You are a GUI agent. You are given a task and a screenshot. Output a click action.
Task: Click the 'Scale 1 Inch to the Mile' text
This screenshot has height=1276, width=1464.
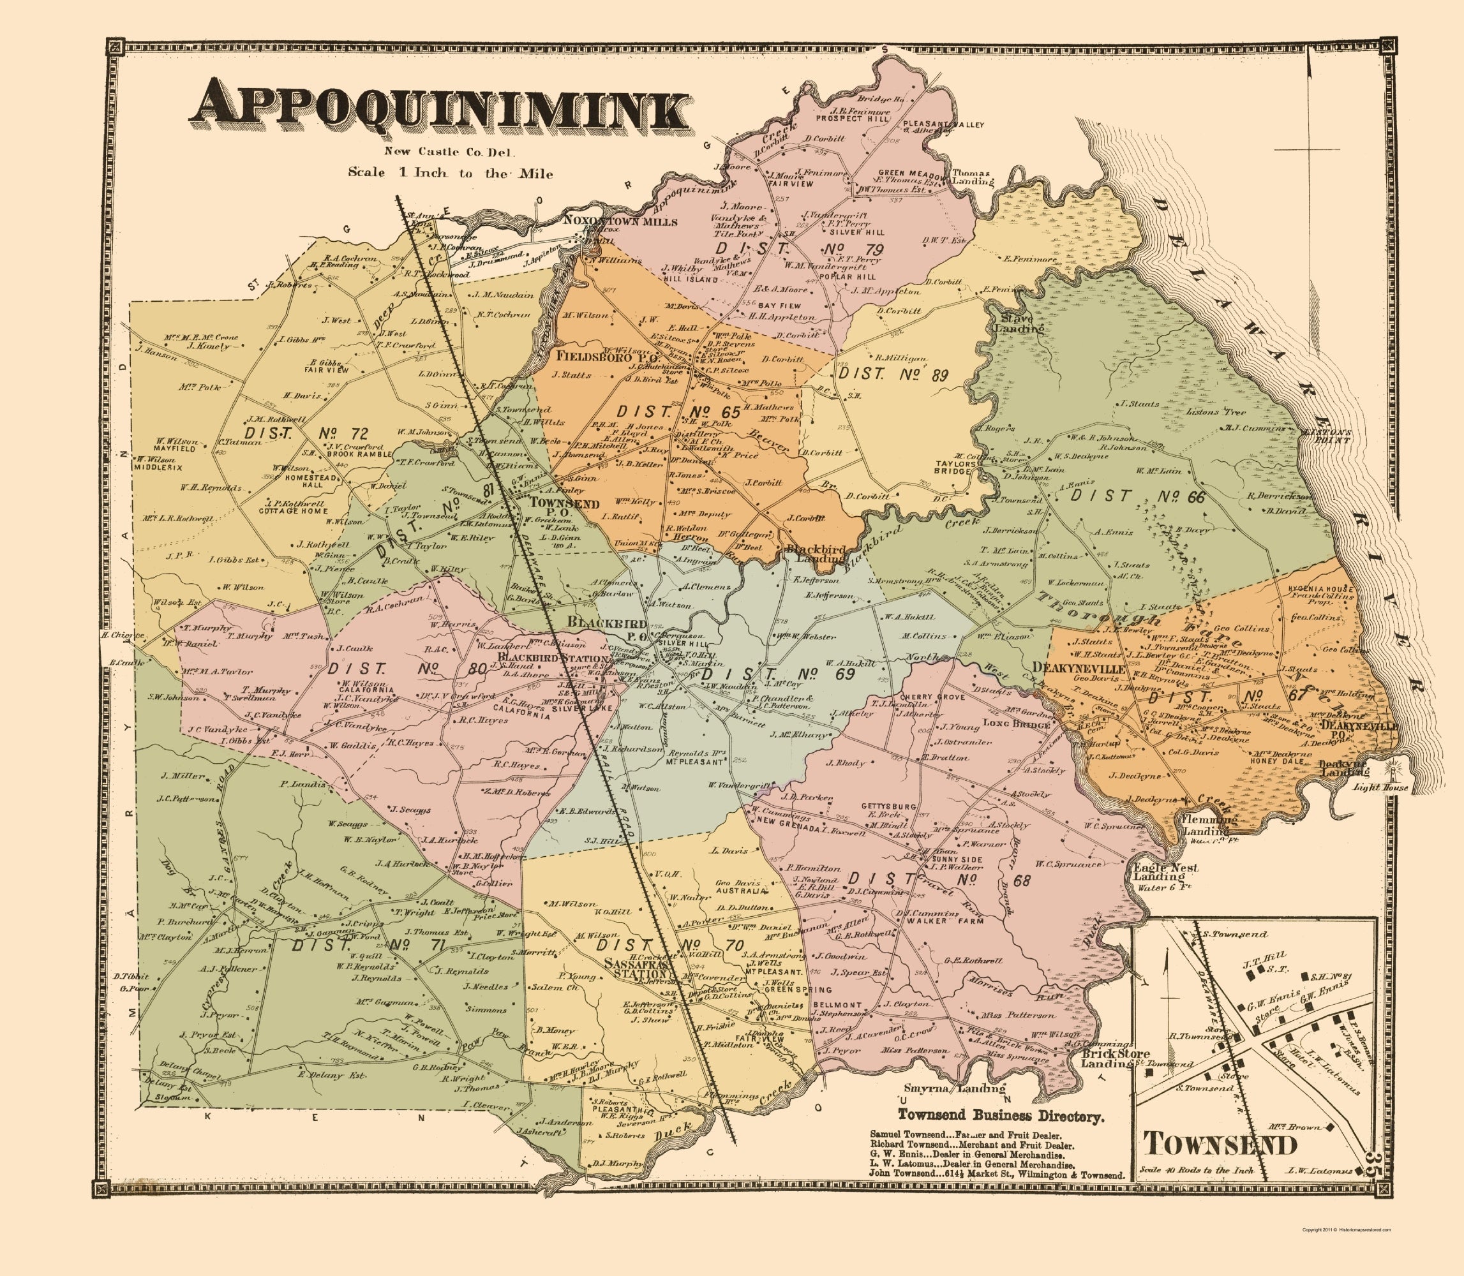[x=451, y=172]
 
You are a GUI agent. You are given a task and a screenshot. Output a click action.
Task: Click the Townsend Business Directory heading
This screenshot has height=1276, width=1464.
[x=1001, y=1116]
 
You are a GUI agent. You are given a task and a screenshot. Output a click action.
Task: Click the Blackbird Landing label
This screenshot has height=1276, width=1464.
[x=814, y=554]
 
